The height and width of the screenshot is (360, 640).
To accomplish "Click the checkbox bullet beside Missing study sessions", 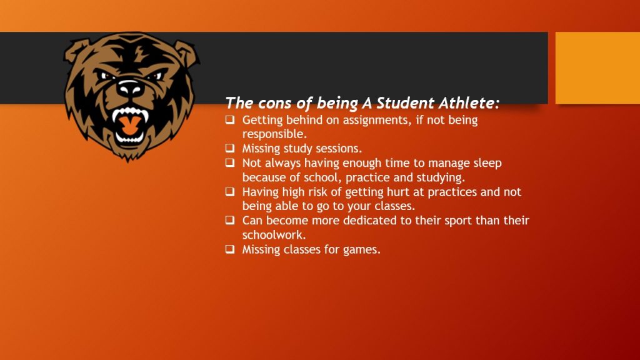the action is point(230,147).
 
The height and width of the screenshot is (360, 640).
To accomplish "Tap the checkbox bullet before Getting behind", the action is point(230,119).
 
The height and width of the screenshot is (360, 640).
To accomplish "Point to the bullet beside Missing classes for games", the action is point(230,249).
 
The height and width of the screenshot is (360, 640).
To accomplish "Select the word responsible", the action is point(274,134).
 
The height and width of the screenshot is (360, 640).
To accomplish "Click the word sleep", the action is point(487,164).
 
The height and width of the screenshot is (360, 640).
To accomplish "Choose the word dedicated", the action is point(370,221).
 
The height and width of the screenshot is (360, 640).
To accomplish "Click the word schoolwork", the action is point(274,235).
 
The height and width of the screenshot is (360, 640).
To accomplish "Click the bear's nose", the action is point(130,87).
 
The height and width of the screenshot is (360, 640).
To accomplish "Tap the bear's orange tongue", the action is point(129,125).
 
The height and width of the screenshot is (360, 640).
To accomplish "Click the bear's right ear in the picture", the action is point(186,52).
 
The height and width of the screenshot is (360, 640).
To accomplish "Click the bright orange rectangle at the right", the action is point(597,67).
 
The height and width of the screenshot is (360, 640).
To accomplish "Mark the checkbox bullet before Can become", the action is point(230,220).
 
